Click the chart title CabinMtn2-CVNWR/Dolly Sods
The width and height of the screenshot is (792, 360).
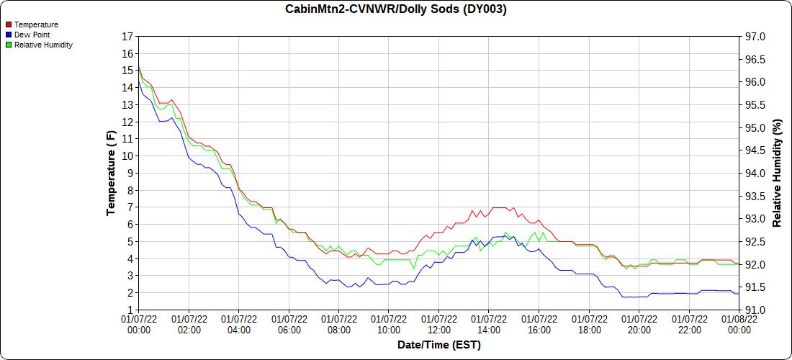tap(396, 9)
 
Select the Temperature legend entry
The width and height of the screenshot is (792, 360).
tap(36, 24)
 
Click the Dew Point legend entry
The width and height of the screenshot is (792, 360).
tap(32, 35)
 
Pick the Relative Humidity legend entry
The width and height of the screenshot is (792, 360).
tap(43, 45)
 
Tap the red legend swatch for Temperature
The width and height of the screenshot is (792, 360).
tap(9, 24)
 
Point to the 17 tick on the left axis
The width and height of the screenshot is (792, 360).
tap(127, 37)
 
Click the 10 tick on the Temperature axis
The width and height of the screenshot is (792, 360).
tap(127, 156)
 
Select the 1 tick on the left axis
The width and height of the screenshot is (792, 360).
tap(130, 310)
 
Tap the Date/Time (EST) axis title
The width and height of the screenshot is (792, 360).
tap(439, 345)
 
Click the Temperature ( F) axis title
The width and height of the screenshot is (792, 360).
tap(111, 173)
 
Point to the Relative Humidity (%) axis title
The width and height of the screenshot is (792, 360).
tap(777, 173)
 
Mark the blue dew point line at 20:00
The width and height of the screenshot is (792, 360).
tap(639, 297)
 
